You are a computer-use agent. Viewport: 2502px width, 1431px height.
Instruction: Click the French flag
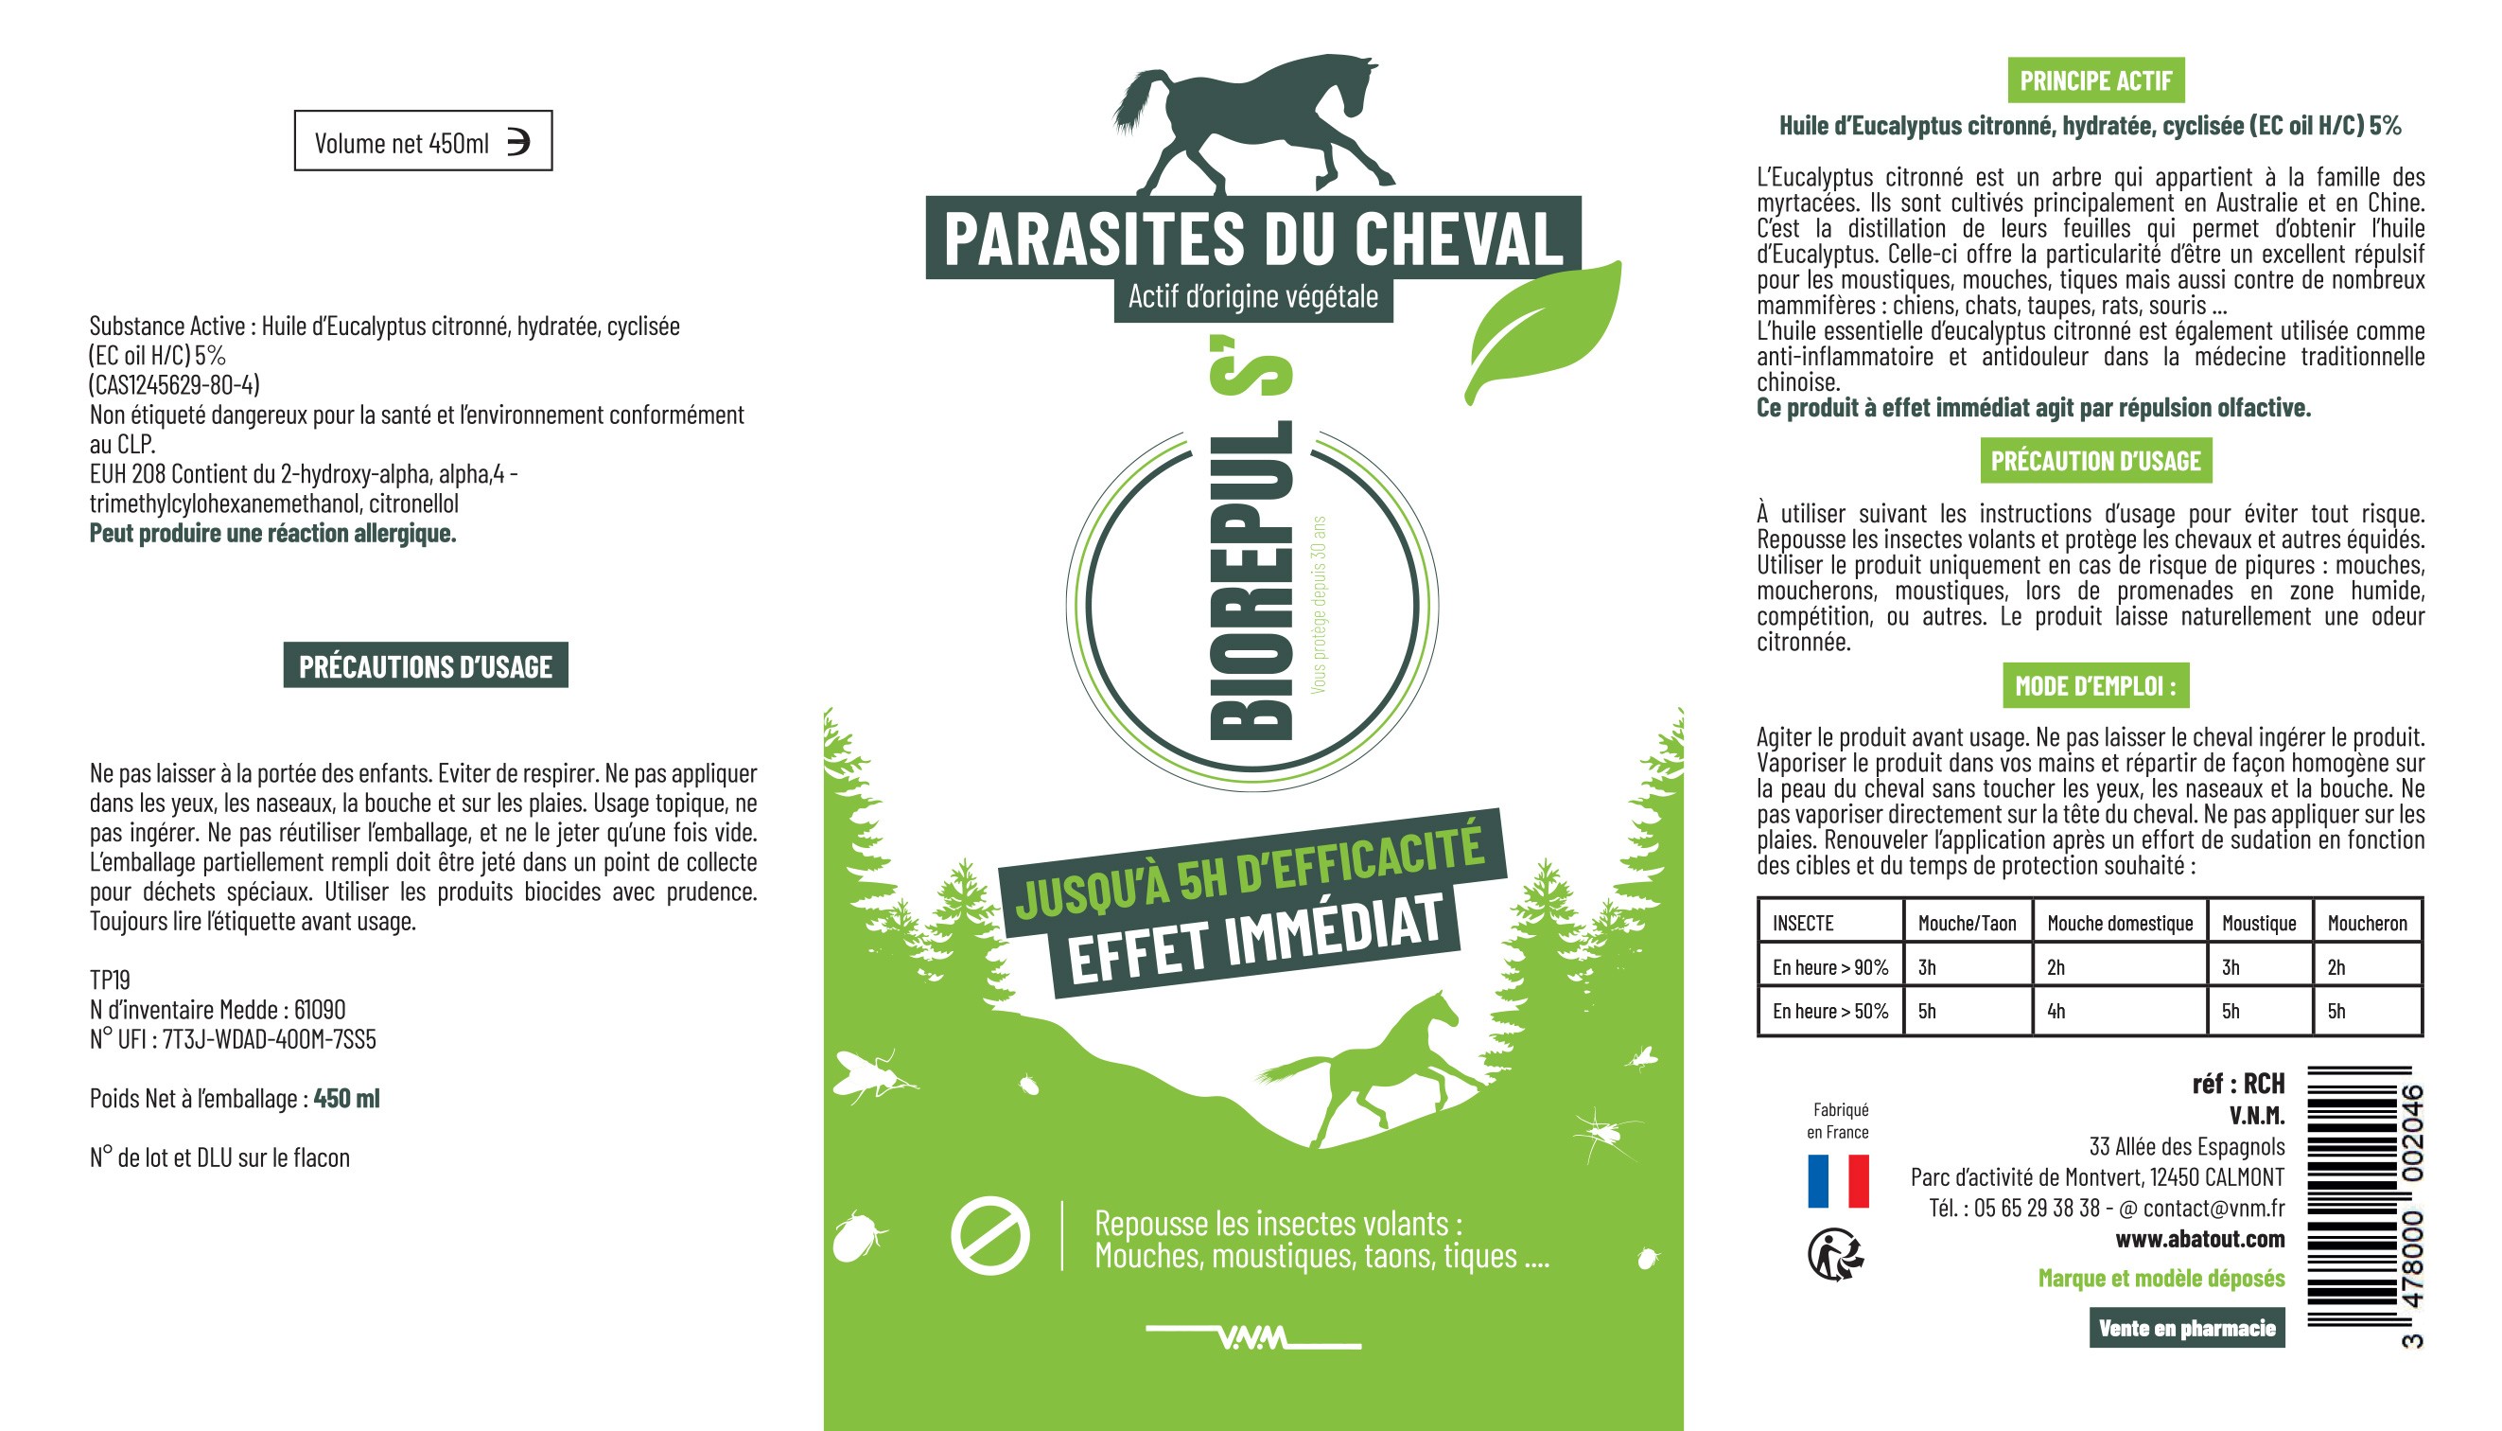[1838, 1180]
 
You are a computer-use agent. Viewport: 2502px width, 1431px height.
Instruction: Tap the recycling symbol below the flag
[1835, 1254]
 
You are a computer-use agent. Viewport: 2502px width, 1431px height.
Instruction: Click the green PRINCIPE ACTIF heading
[2095, 80]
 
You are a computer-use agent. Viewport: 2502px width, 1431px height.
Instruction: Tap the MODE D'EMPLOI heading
[2095, 686]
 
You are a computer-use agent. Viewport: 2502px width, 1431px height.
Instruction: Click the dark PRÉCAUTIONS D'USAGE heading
[426, 666]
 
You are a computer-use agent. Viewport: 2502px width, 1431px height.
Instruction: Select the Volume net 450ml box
[423, 142]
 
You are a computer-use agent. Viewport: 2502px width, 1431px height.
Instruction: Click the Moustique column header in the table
[2258, 923]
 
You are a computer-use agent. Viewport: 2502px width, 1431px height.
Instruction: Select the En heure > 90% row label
[1829, 967]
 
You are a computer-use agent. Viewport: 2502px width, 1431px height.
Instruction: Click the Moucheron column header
[2367, 923]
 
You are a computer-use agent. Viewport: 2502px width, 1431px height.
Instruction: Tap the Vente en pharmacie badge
[2187, 1328]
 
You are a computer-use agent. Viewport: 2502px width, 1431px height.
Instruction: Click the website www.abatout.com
[2199, 1240]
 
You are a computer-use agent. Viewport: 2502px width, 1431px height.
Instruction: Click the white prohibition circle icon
[989, 1235]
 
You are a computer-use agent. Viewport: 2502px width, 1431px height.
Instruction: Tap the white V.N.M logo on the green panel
[1253, 1337]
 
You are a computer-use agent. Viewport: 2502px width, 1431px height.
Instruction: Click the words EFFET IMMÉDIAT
[1254, 938]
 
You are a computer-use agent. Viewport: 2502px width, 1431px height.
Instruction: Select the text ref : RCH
[2238, 1084]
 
